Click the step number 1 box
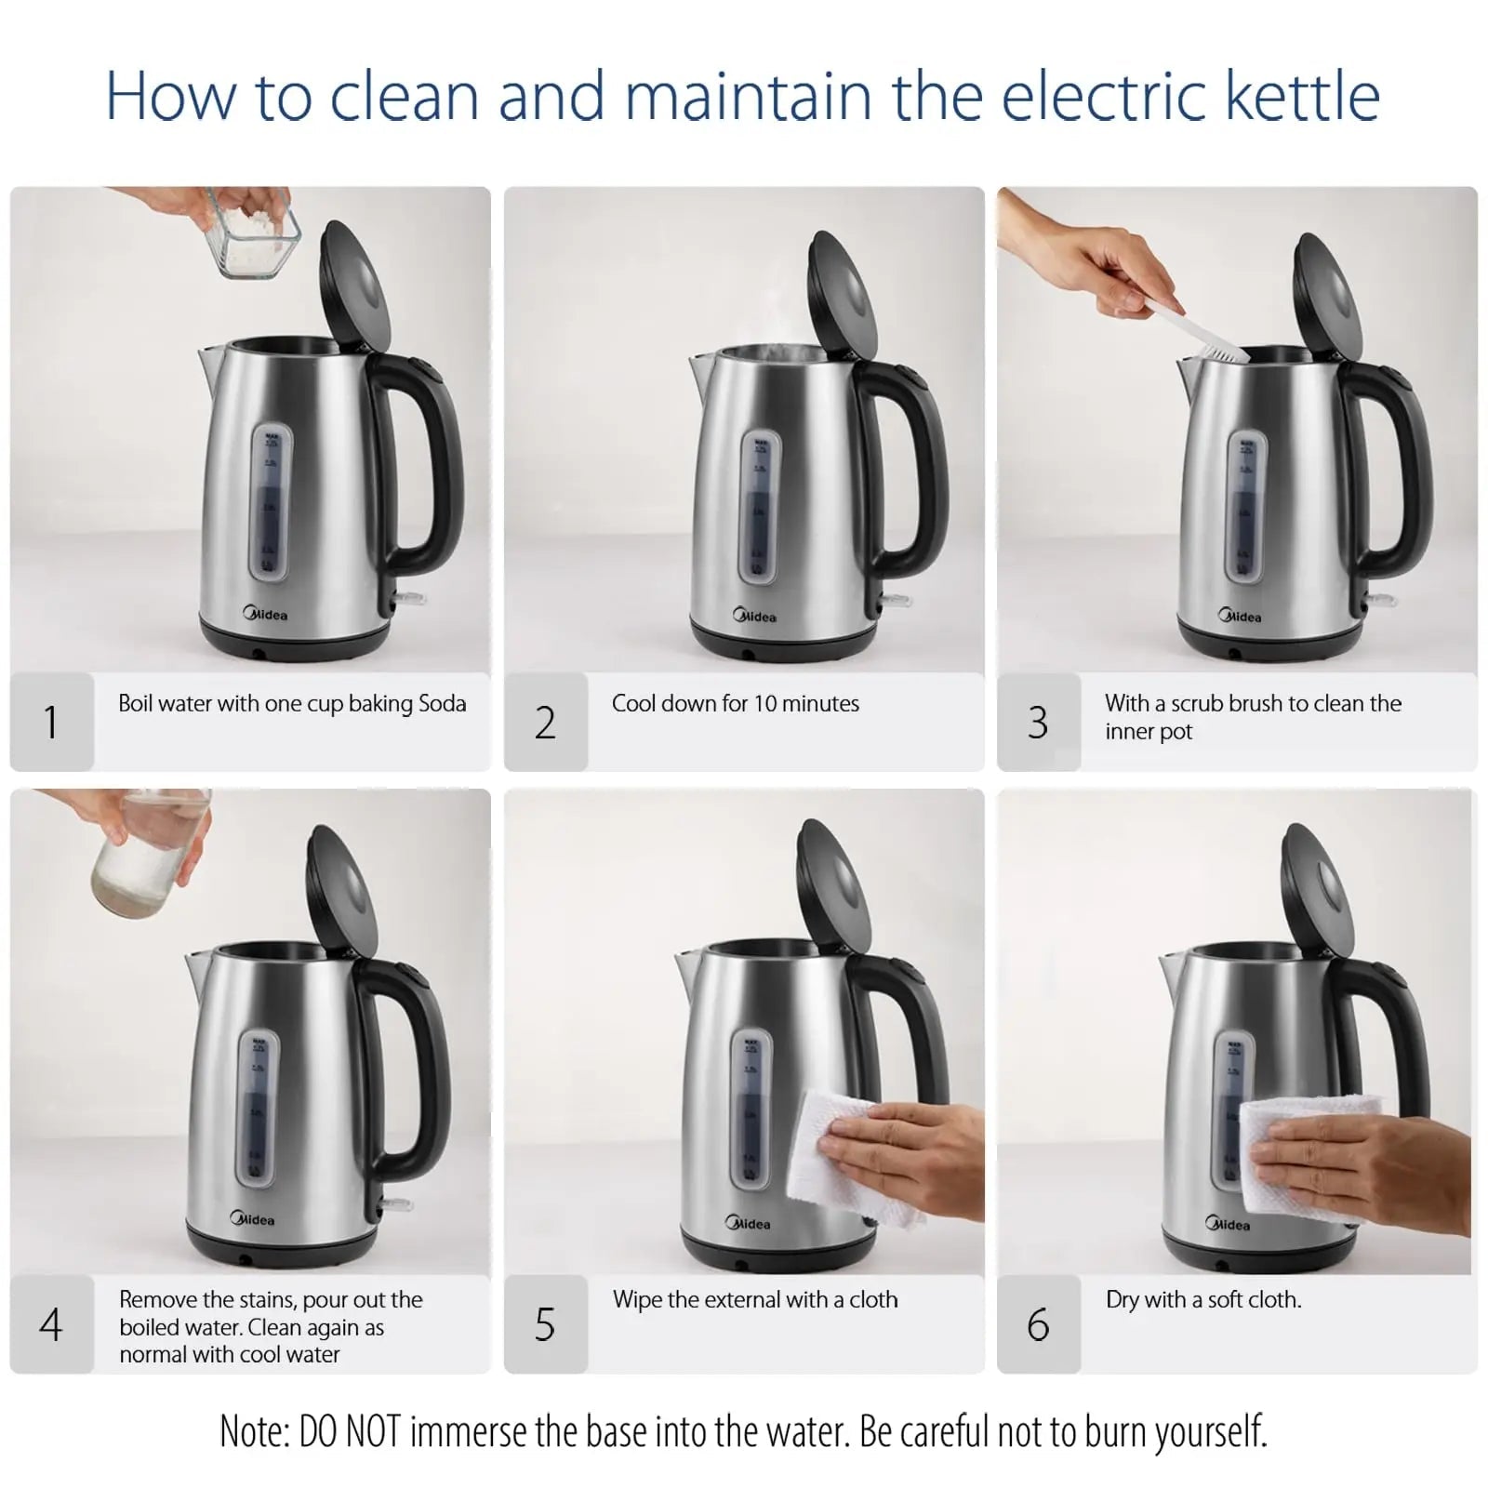pyautogui.click(x=51, y=723)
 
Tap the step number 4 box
pyautogui.click(x=51, y=1324)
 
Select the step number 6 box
pyautogui.click(x=1038, y=1324)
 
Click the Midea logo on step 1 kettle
pyautogui.click(x=266, y=614)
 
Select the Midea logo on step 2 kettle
pyautogui.click(x=755, y=616)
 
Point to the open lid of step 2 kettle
pyautogui.click(x=842, y=293)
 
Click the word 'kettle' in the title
pyautogui.click(x=1302, y=96)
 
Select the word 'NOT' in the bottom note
pyautogui.click(x=373, y=1432)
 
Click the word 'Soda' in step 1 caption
pyautogui.click(x=443, y=704)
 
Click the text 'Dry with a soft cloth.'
pyautogui.click(x=1203, y=1300)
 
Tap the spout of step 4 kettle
pyautogui.click(x=198, y=969)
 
